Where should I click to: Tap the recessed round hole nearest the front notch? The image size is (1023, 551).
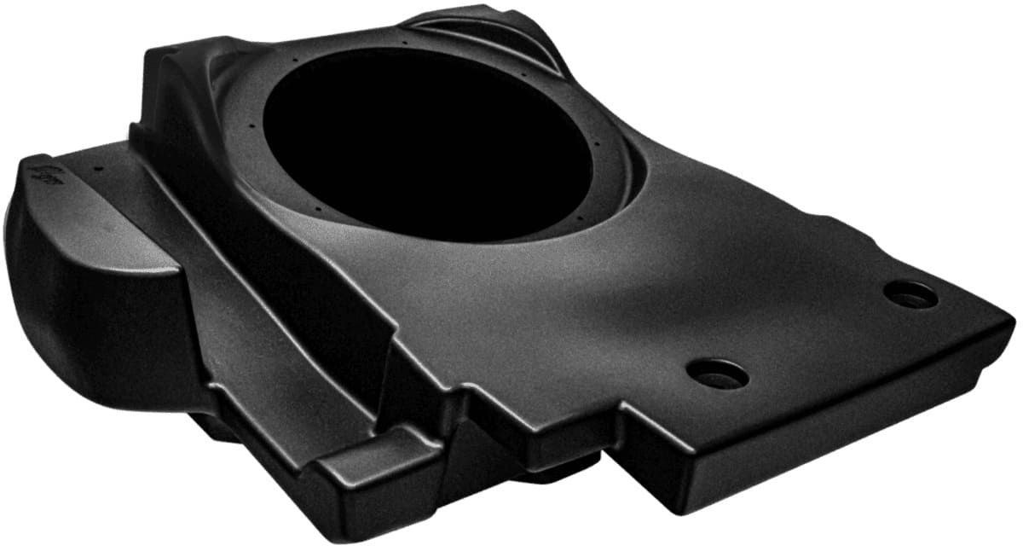pyautogui.click(x=717, y=374)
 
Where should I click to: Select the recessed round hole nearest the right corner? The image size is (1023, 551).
pyautogui.click(x=910, y=294)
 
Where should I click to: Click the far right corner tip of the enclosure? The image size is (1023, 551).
pyautogui.click(x=1013, y=322)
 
